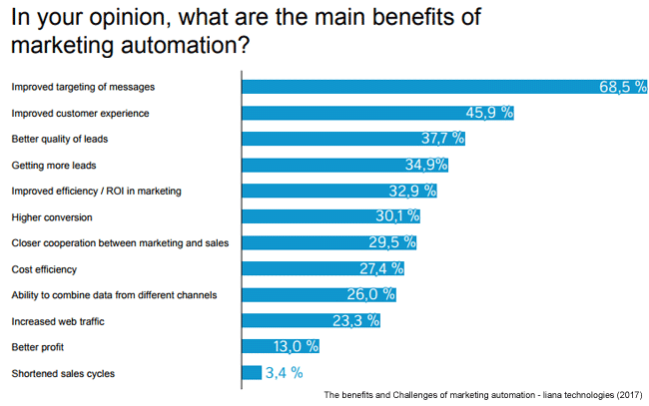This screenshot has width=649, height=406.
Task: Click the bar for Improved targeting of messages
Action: point(419,87)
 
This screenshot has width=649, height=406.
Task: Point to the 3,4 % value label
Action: point(284,373)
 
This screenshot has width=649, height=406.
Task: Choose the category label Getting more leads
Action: point(53,165)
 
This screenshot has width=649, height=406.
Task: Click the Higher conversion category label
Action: point(51,216)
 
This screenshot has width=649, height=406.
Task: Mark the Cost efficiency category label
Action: point(44,268)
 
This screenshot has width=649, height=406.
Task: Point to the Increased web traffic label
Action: point(58,320)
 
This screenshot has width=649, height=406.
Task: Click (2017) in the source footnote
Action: point(628,394)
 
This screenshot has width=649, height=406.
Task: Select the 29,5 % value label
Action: point(391,242)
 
